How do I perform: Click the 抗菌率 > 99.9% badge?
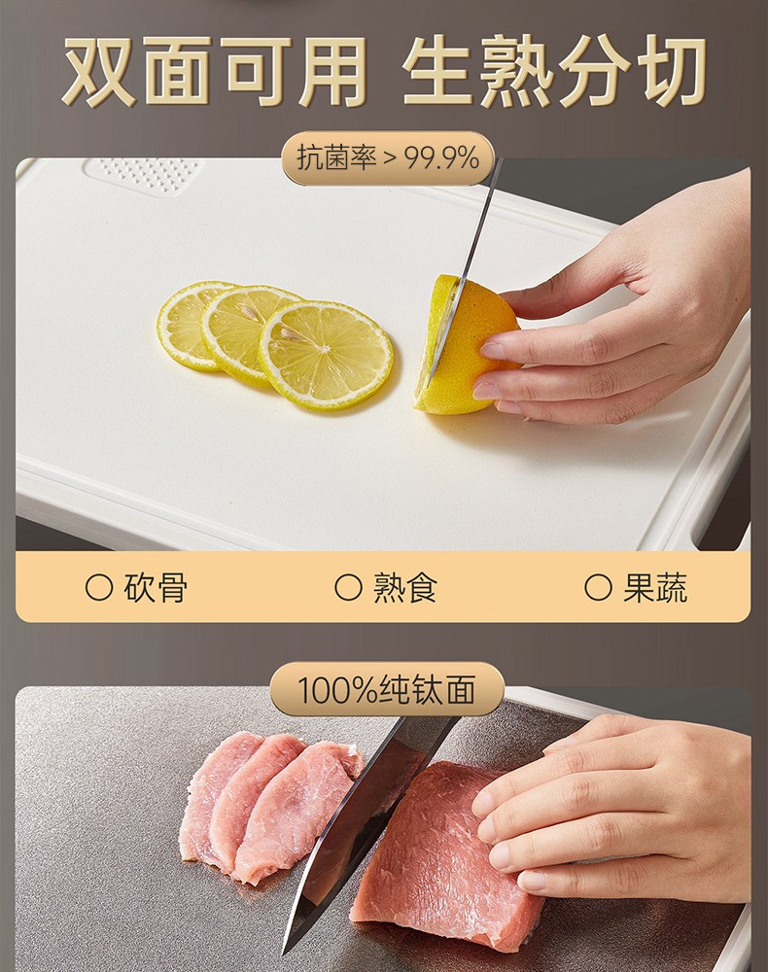[388, 158]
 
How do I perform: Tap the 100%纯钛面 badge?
[387, 689]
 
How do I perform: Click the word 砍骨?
[156, 588]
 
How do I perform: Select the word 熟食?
[404, 588]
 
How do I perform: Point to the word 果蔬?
[655, 588]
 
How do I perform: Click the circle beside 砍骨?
[99, 588]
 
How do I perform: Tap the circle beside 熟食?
[348, 588]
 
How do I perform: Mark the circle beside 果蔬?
[598, 588]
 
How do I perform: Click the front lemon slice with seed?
[326, 355]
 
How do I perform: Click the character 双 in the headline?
[100, 70]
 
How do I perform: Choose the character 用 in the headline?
[332, 70]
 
